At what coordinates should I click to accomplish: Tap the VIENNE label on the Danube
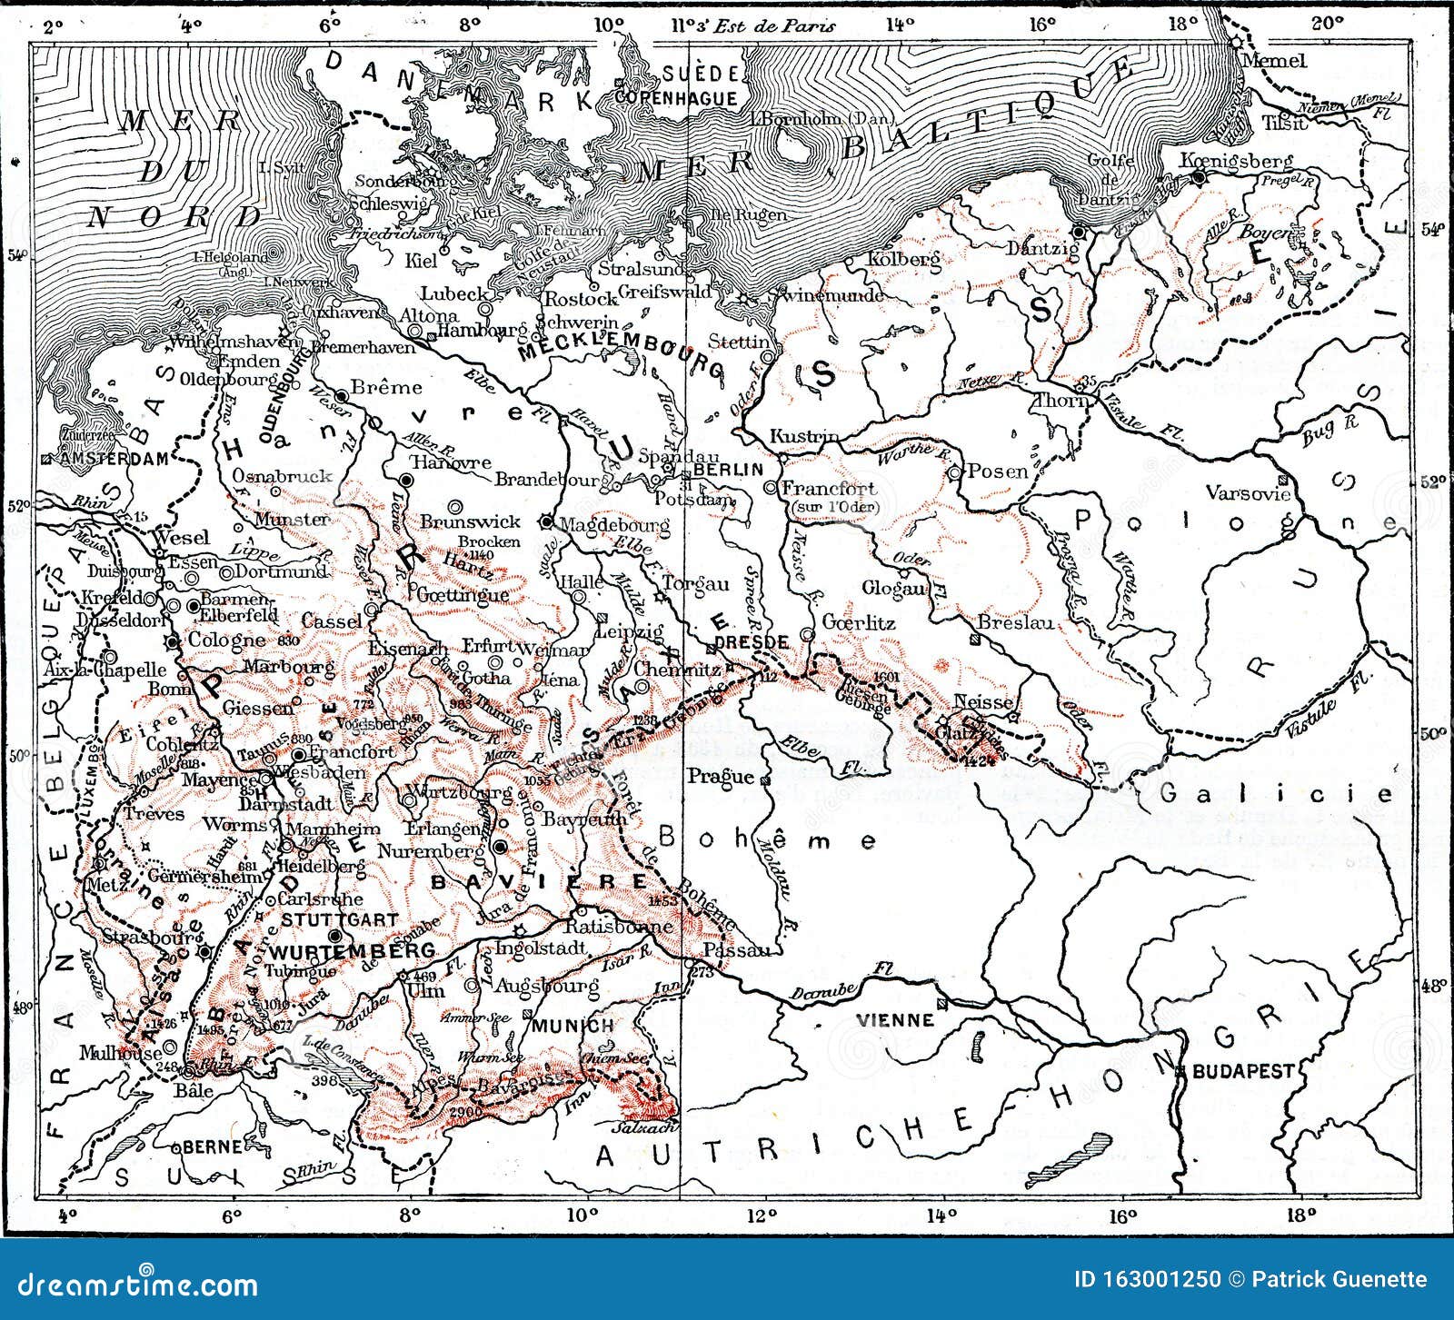[894, 1020]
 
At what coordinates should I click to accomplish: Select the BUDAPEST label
[1242, 1071]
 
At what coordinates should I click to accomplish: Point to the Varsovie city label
[1247, 493]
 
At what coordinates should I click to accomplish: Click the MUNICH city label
[585, 1026]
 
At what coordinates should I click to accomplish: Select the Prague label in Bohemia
[720, 776]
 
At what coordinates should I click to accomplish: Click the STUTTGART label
[326, 919]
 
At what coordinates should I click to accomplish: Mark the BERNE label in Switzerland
[212, 1146]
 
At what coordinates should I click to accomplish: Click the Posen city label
[997, 471]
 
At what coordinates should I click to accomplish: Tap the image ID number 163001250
[1160, 1279]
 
